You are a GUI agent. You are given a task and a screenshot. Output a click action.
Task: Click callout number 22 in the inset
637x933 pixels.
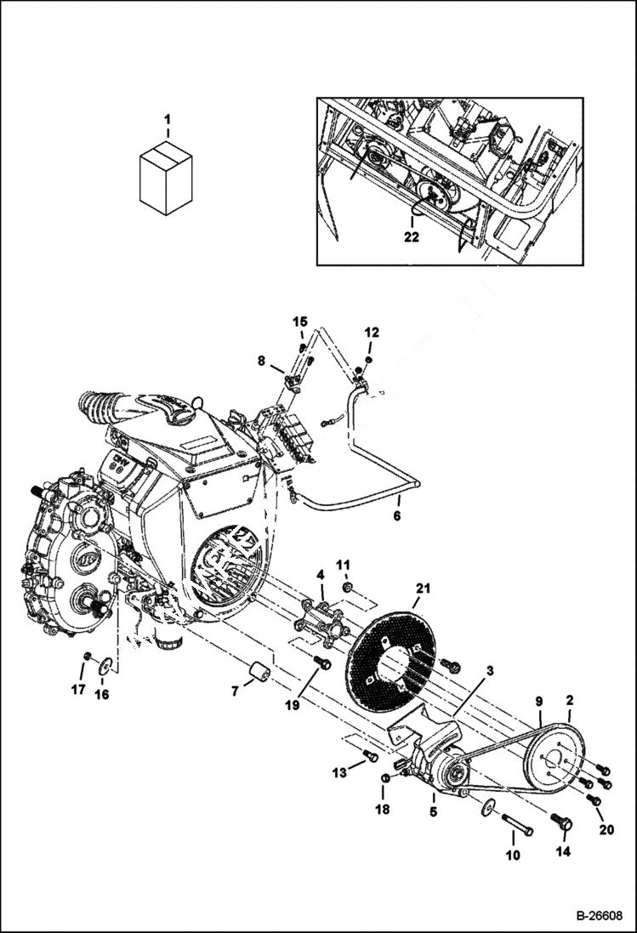[412, 237]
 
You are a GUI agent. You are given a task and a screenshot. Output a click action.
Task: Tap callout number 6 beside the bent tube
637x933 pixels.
[397, 515]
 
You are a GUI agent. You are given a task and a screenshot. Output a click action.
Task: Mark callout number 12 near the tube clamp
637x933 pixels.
[372, 332]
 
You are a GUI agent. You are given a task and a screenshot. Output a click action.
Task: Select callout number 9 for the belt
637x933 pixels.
[538, 701]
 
